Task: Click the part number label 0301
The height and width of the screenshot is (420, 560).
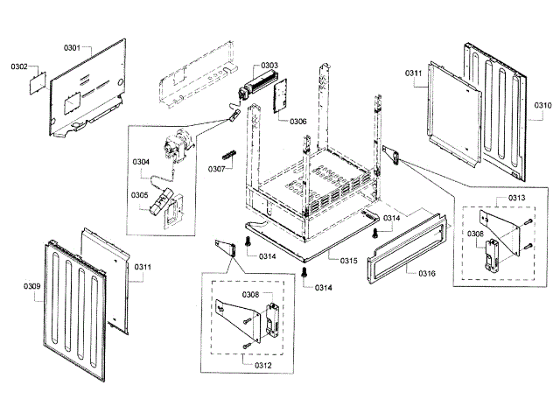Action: pos(72,46)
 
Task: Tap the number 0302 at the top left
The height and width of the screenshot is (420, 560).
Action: pos(19,66)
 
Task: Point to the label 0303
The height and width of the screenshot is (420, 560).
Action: pos(269,66)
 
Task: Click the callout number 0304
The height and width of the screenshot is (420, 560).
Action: pos(141,162)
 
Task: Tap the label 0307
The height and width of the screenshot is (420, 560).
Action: pos(217,169)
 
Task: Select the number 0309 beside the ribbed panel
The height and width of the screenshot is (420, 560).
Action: pos(31,285)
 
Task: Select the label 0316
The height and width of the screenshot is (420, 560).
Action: pos(427,274)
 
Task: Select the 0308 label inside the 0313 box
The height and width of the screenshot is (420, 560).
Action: pos(474,234)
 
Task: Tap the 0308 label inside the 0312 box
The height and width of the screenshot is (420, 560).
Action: pos(249,295)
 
